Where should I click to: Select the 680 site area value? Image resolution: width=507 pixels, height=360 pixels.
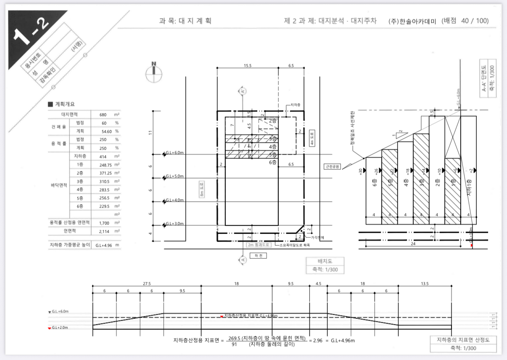pos(103,115)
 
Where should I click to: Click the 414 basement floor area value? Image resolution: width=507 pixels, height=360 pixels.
pos(103,156)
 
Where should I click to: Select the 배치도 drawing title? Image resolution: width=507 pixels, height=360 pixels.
pos(325,260)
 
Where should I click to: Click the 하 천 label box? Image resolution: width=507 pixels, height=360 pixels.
pos(258,256)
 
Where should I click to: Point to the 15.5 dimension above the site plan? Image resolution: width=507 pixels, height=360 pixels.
pos(248,66)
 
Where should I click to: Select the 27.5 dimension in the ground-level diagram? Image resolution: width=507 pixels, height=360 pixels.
pos(147,284)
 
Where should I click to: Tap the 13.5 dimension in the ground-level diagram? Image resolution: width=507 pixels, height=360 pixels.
pos(425,284)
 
